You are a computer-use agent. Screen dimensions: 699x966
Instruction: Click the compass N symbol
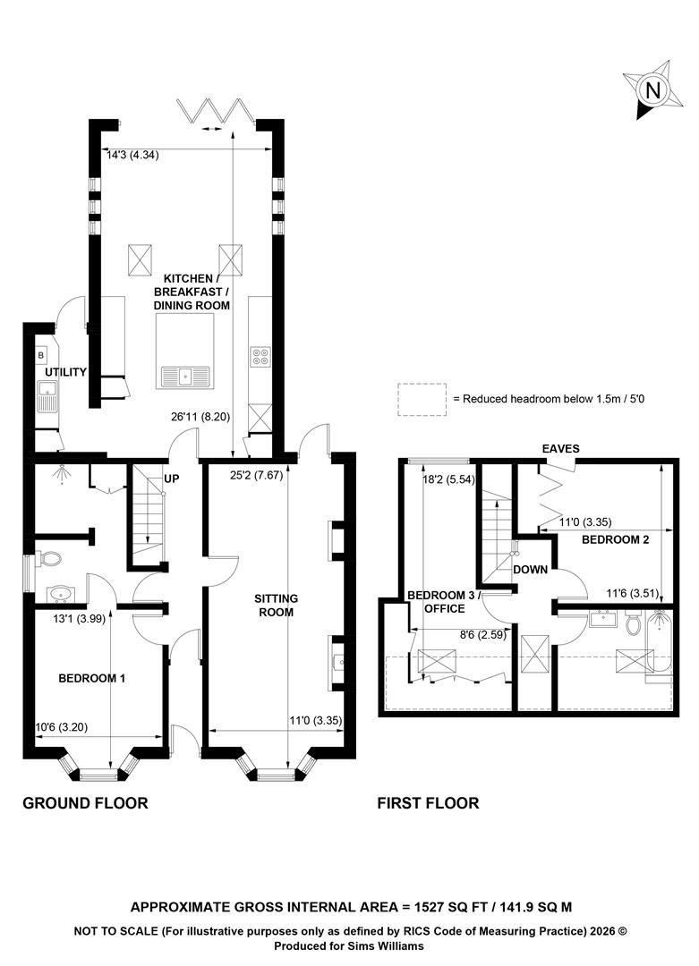(652, 90)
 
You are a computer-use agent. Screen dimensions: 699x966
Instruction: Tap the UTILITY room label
(65, 372)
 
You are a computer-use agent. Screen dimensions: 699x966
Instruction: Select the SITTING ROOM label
(277, 605)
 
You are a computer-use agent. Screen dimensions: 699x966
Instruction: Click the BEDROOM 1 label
(92, 678)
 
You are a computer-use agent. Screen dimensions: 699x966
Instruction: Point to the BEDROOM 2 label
(615, 539)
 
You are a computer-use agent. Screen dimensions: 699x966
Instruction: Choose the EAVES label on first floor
(561, 448)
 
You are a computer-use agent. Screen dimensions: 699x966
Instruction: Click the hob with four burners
(260, 357)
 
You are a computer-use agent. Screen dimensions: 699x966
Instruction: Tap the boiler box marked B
(41, 355)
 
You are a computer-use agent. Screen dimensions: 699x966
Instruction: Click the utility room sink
(47, 395)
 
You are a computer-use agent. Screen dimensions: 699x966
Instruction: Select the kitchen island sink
(185, 376)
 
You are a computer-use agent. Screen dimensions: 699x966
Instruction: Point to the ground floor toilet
(48, 559)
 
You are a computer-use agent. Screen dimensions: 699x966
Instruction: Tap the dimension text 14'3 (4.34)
(132, 156)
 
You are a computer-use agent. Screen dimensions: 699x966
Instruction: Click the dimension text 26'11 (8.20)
(200, 417)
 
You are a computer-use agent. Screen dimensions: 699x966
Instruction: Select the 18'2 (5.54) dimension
(448, 479)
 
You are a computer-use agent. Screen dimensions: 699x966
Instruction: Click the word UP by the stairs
(172, 478)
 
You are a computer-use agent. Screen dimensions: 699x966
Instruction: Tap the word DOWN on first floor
(531, 569)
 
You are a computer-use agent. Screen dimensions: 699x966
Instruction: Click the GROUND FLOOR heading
(86, 803)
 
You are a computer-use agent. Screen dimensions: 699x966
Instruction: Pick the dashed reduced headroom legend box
(422, 399)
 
